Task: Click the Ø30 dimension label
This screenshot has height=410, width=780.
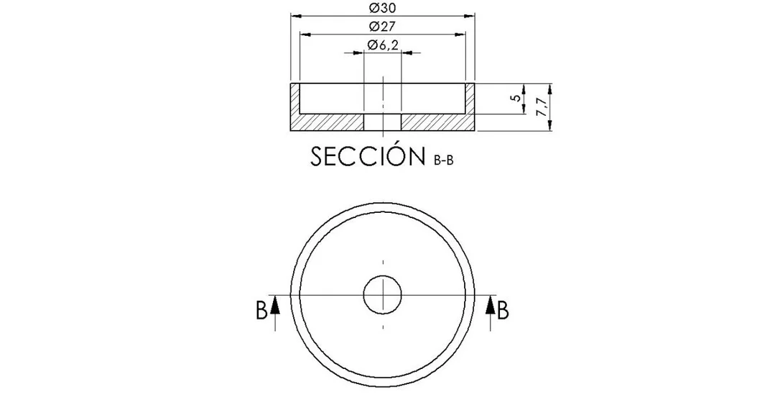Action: tap(383, 8)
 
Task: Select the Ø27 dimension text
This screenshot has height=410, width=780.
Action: tap(382, 27)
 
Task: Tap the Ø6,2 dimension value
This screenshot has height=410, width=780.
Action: tap(383, 45)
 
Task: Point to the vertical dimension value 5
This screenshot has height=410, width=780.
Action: tap(517, 98)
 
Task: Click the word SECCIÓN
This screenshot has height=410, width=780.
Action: tap(368, 156)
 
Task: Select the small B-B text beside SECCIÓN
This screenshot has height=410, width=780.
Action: tap(444, 161)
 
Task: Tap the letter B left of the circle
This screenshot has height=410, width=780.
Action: tap(261, 310)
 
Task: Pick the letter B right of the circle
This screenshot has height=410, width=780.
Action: tap(503, 310)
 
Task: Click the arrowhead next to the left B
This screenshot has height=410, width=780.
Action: tap(275, 306)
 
